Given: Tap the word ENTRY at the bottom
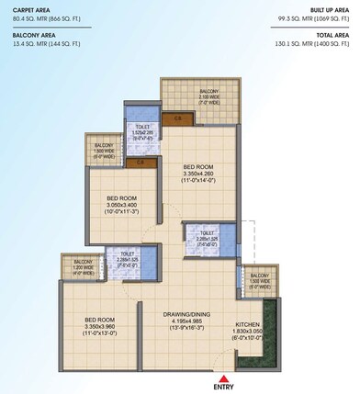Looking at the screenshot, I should point(223,386).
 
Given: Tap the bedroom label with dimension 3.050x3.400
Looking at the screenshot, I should point(122,198).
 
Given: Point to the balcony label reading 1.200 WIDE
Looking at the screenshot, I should point(74,265).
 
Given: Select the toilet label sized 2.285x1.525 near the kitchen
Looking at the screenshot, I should point(201,234).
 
